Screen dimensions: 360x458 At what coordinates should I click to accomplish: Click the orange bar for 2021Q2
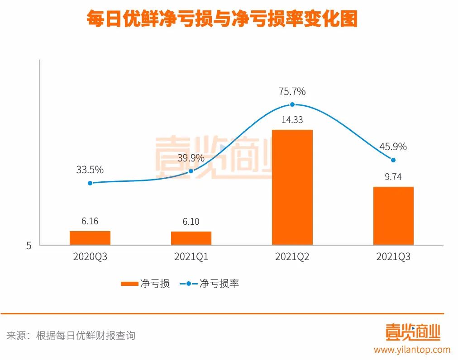(292, 187)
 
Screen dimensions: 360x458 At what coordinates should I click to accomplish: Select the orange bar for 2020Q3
(90, 238)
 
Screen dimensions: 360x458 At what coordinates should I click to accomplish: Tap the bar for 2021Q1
(191, 238)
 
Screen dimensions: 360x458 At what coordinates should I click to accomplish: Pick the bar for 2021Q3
(393, 216)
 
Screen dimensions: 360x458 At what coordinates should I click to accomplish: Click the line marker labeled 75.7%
(292, 104)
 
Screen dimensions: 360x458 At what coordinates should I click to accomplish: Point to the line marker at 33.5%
(90, 183)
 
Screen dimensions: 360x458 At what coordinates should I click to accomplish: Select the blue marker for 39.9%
(191, 171)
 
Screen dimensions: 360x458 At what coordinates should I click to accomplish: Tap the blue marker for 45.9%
(393, 160)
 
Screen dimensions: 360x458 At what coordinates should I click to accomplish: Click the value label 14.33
(292, 120)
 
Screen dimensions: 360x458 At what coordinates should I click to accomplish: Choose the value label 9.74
(393, 177)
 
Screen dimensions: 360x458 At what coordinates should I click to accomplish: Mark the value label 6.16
(90, 222)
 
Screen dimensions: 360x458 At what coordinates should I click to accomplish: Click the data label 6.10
(191, 222)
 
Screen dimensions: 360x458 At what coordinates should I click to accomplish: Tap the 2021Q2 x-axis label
(292, 257)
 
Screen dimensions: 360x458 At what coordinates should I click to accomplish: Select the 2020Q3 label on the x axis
(90, 257)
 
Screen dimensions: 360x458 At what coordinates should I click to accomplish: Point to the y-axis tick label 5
(29, 246)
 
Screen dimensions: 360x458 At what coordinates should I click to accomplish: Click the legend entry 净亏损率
(219, 284)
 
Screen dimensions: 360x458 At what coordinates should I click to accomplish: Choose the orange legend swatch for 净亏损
(129, 284)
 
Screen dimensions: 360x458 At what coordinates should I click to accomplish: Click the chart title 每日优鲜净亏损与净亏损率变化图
(222, 19)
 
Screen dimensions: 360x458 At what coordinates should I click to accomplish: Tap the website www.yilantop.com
(412, 350)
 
